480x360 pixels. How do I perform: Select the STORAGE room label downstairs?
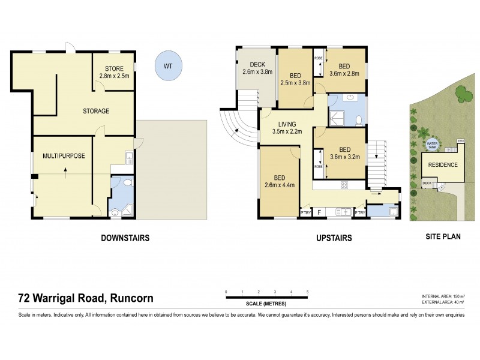tap(96, 111)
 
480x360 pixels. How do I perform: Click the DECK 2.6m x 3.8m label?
tap(257, 68)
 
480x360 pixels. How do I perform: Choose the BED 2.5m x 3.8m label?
tap(295, 79)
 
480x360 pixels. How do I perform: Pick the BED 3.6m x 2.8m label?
tap(344, 70)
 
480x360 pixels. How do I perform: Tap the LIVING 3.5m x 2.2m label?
tap(287, 127)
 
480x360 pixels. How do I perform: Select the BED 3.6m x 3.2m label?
tap(344, 154)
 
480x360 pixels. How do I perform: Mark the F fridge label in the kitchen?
tap(319, 212)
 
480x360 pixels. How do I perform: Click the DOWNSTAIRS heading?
tap(125, 238)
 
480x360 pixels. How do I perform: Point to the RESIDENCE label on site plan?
tap(443, 165)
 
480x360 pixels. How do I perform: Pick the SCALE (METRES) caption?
tap(267, 302)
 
